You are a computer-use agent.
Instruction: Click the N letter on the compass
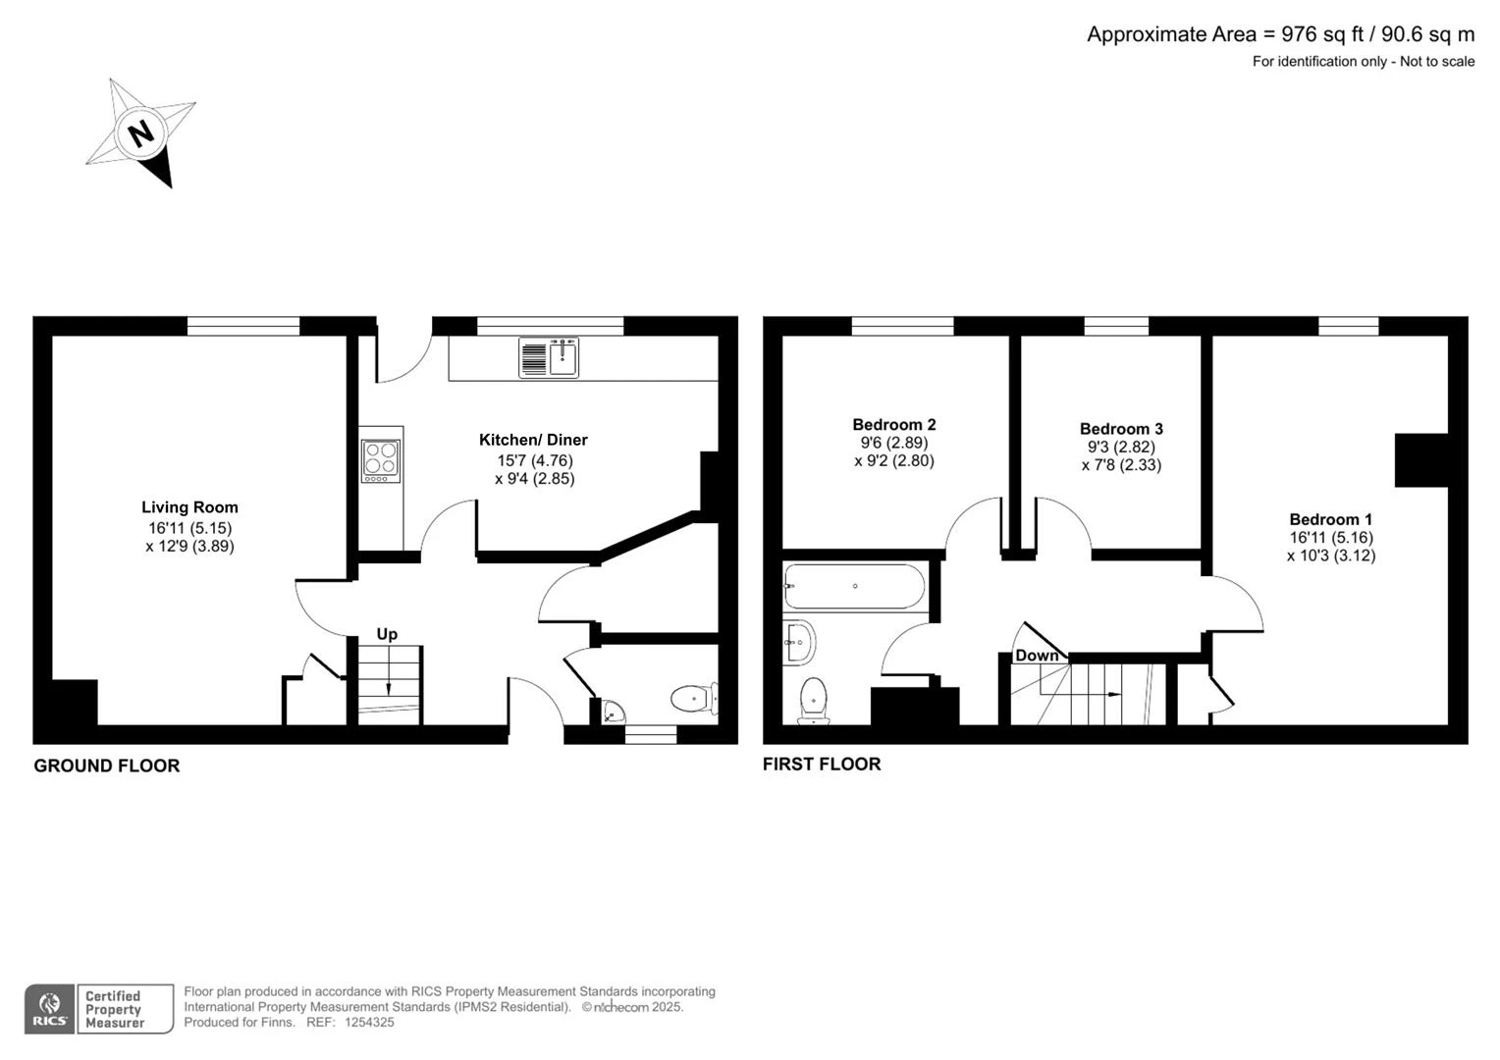click(x=141, y=132)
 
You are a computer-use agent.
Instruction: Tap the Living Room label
click(x=189, y=507)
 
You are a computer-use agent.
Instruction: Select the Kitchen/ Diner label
click(x=533, y=440)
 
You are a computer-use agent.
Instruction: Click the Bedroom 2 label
click(x=894, y=425)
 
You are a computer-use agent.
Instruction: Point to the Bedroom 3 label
click(x=1121, y=429)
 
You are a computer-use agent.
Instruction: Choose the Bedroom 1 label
click(x=1330, y=519)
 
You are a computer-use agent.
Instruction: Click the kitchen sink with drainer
click(x=549, y=357)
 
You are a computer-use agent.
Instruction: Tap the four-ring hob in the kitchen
click(x=380, y=460)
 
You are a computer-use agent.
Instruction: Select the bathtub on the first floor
click(x=854, y=586)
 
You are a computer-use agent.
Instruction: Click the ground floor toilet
click(x=694, y=699)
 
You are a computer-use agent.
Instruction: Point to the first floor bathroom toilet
click(x=814, y=701)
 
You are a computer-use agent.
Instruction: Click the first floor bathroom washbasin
click(x=799, y=642)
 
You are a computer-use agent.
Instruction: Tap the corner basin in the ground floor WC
click(x=612, y=712)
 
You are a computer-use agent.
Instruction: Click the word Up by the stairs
click(x=387, y=634)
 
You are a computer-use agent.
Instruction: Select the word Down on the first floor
click(x=1037, y=656)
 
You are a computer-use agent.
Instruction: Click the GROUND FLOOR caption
click(x=106, y=766)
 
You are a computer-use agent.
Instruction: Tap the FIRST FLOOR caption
click(x=822, y=764)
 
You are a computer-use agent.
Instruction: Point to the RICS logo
click(x=49, y=1008)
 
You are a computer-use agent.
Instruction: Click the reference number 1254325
click(x=369, y=1023)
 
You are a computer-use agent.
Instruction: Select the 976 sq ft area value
click(x=1323, y=34)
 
